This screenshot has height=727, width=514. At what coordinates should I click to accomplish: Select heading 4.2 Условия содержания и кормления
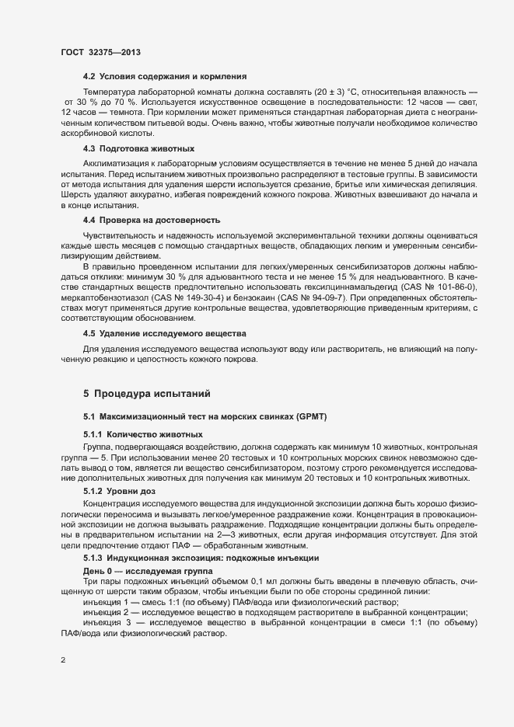point(165,76)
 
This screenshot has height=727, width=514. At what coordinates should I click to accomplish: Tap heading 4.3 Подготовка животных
point(138,148)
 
